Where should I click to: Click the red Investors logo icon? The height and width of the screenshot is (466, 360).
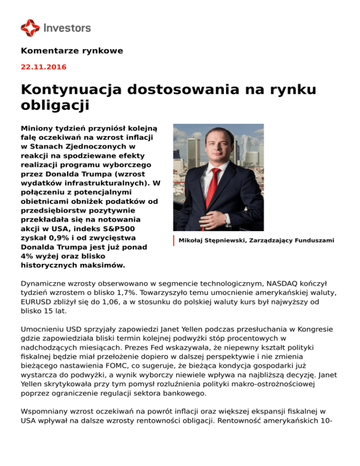[30, 28]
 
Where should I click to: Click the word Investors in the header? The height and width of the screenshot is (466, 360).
[67, 28]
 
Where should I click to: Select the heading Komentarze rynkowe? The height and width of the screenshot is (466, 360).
[72, 51]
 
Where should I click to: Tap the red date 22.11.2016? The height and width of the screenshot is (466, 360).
[44, 67]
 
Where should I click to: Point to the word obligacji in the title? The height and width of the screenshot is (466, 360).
[55, 105]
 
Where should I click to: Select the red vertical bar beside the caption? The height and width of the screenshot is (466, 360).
[174, 241]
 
